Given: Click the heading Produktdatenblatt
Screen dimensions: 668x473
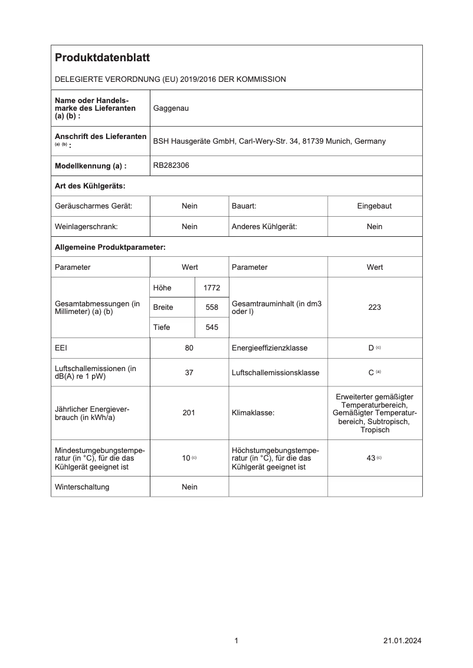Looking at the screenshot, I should [x=102, y=58].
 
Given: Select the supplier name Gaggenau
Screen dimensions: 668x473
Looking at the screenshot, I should [x=171, y=108].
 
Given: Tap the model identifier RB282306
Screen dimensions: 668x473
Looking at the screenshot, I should [x=171, y=166].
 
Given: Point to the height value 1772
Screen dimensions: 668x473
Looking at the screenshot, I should [x=211, y=287].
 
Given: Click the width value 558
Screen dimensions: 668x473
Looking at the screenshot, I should [x=211, y=307].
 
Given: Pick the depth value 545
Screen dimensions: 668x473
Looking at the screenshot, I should [x=211, y=328].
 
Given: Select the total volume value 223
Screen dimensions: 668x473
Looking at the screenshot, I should [x=375, y=307].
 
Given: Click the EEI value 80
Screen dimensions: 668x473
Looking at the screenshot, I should [x=189, y=348].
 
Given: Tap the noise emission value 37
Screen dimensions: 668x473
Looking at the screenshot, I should [x=189, y=373].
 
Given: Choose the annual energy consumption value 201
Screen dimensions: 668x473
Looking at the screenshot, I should [x=189, y=413].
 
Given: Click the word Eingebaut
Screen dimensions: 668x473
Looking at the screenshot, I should [x=375, y=206].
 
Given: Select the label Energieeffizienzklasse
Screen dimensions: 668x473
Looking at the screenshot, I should [x=270, y=348].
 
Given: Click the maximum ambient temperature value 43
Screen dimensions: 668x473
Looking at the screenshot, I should [x=371, y=458].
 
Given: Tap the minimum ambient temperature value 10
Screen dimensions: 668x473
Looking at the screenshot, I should [x=186, y=458].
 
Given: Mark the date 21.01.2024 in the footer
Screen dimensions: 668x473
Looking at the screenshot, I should [x=402, y=640].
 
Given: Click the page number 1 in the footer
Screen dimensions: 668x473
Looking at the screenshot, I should [x=236, y=640].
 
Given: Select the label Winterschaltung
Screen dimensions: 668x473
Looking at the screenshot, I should [x=82, y=487].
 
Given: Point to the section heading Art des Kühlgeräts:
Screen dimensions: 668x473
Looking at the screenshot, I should [x=90, y=186].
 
